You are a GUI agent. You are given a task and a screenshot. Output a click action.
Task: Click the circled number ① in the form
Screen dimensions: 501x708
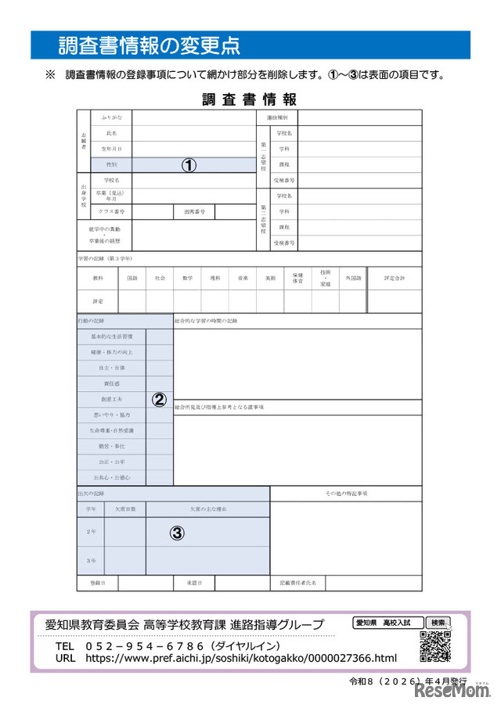point(189,165)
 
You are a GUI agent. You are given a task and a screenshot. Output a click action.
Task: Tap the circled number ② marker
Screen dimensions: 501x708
point(159,399)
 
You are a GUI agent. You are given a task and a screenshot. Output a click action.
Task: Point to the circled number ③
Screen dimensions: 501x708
point(178,534)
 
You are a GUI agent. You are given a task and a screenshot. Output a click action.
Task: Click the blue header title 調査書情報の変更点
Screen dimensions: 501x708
point(149,45)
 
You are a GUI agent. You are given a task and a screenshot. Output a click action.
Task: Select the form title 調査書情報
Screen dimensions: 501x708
point(249,99)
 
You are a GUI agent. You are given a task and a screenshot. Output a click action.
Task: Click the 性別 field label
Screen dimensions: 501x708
point(111,165)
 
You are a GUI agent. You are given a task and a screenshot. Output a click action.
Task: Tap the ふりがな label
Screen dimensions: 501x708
point(111,117)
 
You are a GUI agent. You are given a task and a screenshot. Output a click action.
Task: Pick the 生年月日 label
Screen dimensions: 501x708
point(111,149)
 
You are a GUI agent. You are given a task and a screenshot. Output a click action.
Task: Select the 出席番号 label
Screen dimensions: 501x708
point(195,212)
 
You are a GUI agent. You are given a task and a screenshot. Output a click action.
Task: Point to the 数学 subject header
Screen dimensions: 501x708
point(187,279)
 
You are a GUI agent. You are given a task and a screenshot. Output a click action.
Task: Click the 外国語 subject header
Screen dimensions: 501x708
point(353,279)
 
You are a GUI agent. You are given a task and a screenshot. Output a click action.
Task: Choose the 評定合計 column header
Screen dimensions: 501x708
point(395,279)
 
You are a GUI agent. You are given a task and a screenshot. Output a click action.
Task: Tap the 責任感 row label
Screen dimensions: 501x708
point(111,384)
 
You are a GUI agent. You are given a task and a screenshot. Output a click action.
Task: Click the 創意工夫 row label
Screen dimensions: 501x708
point(111,400)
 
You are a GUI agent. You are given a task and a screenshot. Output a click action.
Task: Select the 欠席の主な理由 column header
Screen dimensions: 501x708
point(207,509)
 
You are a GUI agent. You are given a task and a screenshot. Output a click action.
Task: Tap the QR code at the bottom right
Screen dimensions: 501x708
point(436,646)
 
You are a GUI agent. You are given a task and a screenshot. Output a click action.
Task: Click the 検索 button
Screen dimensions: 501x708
point(438,623)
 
